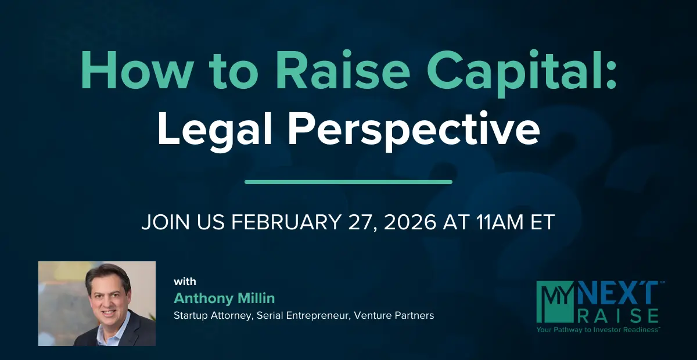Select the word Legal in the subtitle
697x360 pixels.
point(215,129)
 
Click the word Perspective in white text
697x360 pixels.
point(414,130)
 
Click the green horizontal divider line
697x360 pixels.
point(348,182)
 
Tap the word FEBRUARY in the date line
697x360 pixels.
point(286,222)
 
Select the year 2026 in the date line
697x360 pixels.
point(410,222)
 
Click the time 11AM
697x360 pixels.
point(500,222)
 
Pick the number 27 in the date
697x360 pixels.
point(362,222)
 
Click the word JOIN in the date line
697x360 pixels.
point(166,222)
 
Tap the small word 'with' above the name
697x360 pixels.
point(185,282)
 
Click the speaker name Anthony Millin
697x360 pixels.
point(224,298)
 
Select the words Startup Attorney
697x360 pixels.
point(213,316)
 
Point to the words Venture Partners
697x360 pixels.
point(394,315)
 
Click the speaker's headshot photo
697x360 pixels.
point(97,303)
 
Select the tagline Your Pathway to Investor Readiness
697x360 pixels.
point(598,329)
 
